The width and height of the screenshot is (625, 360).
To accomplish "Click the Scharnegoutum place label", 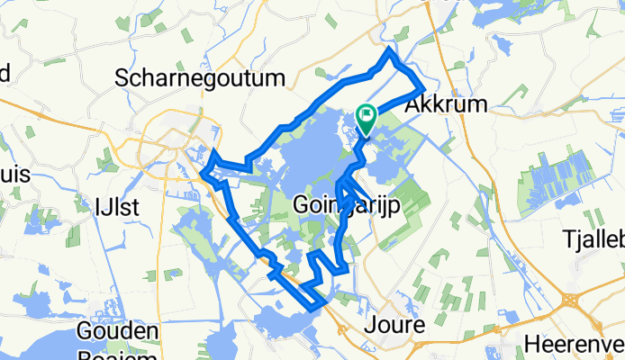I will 200,79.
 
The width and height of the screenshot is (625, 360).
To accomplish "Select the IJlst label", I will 117,207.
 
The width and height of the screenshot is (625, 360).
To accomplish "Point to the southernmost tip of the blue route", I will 314,309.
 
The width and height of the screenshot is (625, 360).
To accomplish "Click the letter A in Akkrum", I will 414,104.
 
